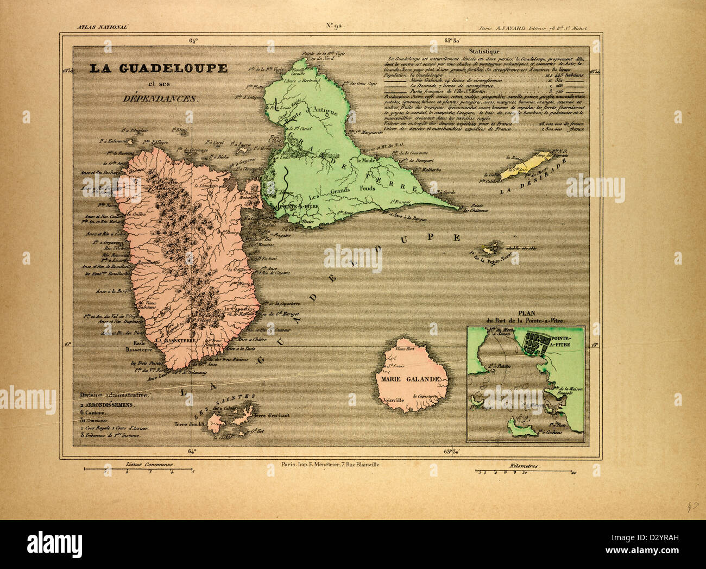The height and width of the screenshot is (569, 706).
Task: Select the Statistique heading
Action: tap(484, 51)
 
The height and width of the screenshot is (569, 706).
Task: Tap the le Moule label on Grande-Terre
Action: tap(367, 161)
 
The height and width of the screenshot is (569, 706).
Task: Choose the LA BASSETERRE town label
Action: tap(176, 340)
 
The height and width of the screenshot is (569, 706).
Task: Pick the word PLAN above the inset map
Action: tap(526, 314)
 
